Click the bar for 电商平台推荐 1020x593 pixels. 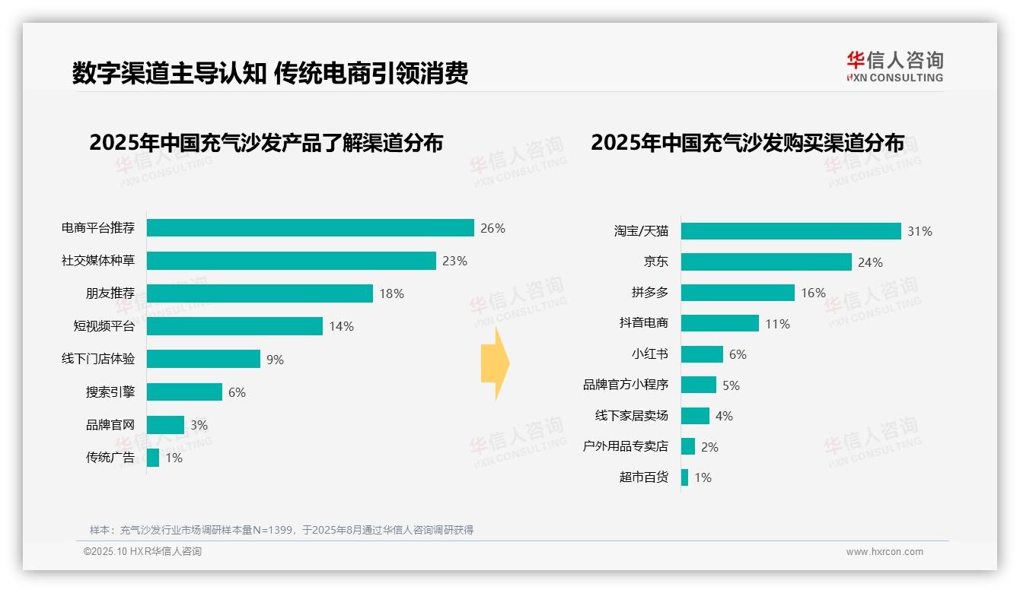pos(310,228)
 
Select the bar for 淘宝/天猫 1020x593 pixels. pos(791,231)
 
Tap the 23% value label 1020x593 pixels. pos(454,261)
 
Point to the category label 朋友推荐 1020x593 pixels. pos(110,293)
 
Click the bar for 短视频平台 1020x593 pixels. pos(234,326)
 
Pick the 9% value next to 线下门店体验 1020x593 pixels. pos(275,360)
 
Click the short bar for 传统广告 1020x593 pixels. pos(153,458)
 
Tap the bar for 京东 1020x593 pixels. pos(766,262)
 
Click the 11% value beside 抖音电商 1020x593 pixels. pos(777,324)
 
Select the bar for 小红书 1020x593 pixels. pos(702,354)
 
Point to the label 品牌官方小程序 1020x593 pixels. pos(625,385)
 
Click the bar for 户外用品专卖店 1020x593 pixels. pos(688,447)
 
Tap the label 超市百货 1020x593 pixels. pos(643,477)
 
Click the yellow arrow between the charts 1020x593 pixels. pos(495,363)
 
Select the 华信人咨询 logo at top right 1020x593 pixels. pos(894,66)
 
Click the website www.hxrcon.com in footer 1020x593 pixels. pos(885,552)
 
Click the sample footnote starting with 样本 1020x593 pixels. pos(282,530)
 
